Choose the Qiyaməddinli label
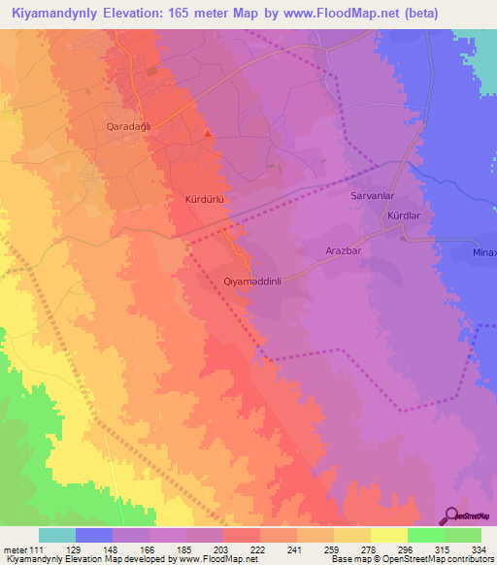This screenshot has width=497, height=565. pos(252,282)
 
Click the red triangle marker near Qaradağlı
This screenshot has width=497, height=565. pos(208,134)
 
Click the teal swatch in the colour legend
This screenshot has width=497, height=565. pos(57,535)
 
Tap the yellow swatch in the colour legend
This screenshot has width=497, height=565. pos(389,535)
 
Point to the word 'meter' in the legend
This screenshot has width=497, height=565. pos(17,549)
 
